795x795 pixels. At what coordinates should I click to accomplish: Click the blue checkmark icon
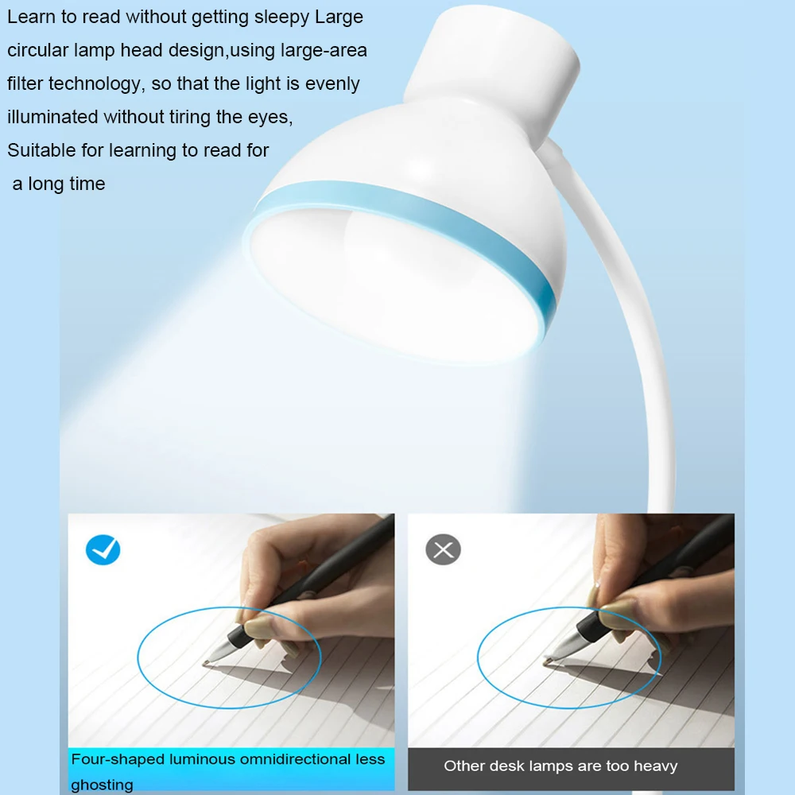click(x=103, y=549)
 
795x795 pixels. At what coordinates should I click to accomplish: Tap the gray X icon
click(x=443, y=549)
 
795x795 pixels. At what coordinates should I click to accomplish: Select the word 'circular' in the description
click(x=37, y=50)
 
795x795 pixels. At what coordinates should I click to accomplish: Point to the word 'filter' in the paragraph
click(x=25, y=83)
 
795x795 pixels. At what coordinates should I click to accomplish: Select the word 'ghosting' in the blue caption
click(x=102, y=785)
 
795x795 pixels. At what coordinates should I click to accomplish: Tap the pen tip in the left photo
click(x=206, y=664)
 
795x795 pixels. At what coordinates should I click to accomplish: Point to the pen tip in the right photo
click(x=547, y=661)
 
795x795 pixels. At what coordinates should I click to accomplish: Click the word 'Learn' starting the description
click(x=31, y=17)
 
